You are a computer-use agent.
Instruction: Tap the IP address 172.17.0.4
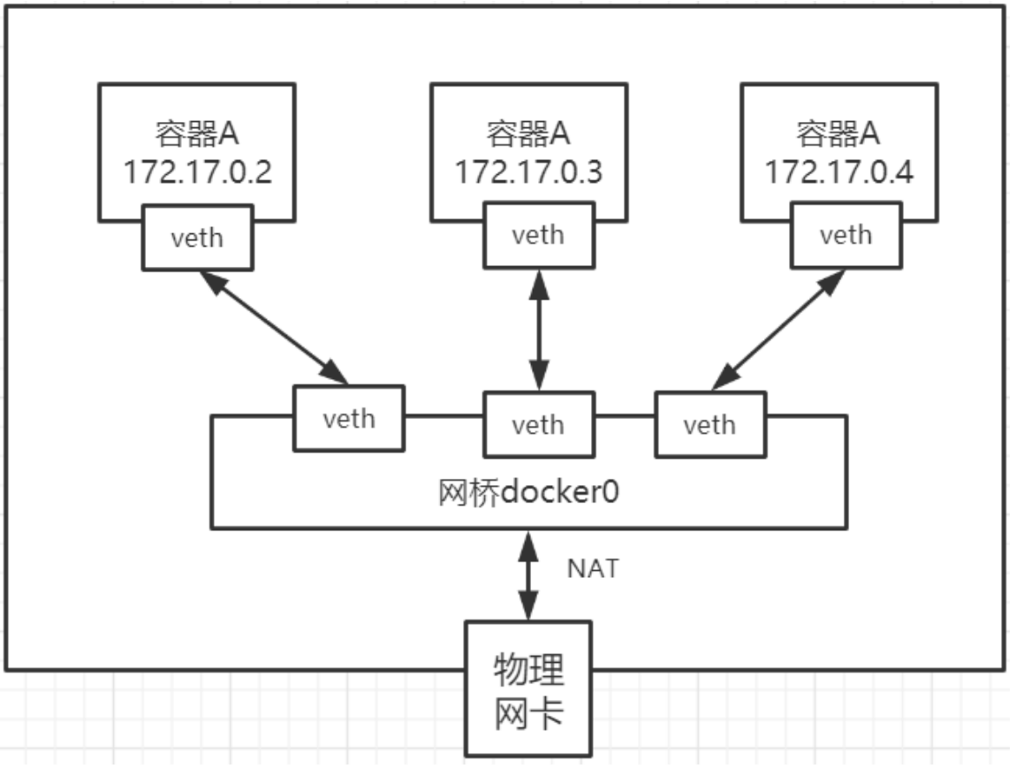[x=838, y=171]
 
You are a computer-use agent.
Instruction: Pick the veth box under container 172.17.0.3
[x=538, y=235]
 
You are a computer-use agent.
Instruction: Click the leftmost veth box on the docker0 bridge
[x=349, y=417]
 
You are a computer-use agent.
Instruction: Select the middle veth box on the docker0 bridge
[x=538, y=425]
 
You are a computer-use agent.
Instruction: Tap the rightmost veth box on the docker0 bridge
[x=709, y=425]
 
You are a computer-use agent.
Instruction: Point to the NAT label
[x=593, y=568]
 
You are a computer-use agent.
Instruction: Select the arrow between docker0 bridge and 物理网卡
[x=529, y=575]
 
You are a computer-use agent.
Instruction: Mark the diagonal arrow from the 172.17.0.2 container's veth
[x=274, y=328]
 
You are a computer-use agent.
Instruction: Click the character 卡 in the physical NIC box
[x=548, y=711]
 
